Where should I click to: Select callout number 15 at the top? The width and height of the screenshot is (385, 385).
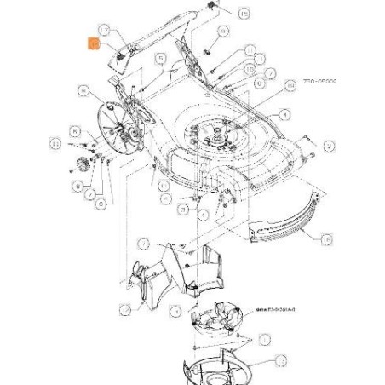coord(245,14)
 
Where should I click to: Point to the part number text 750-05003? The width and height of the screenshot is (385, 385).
coord(319,82)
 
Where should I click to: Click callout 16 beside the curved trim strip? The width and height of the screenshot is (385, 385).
coord(328,241)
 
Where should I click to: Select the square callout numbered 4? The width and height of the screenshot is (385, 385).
coord(286,115)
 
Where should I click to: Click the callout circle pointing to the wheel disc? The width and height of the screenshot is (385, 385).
coord(83,89)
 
